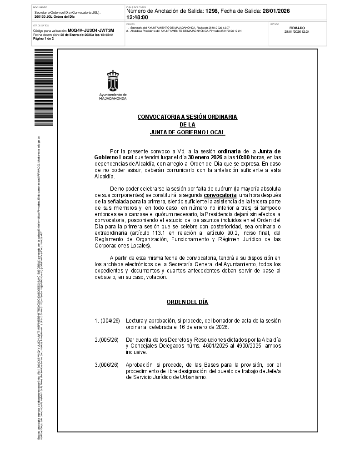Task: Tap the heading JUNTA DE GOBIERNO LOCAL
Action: click(187, 132)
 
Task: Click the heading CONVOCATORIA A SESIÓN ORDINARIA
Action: click(187, 117)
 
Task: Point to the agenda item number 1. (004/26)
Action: click(107, 321)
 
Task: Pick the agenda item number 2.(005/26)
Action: click(107, 339)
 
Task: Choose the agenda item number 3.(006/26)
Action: click(107, 364)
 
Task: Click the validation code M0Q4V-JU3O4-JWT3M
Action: click(91, 30)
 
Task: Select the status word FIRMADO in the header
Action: click(297, 28)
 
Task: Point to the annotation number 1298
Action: click(211, 11)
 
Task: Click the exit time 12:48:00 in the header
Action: click(137, 17)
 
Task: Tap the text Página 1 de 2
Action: click(44, 39)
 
